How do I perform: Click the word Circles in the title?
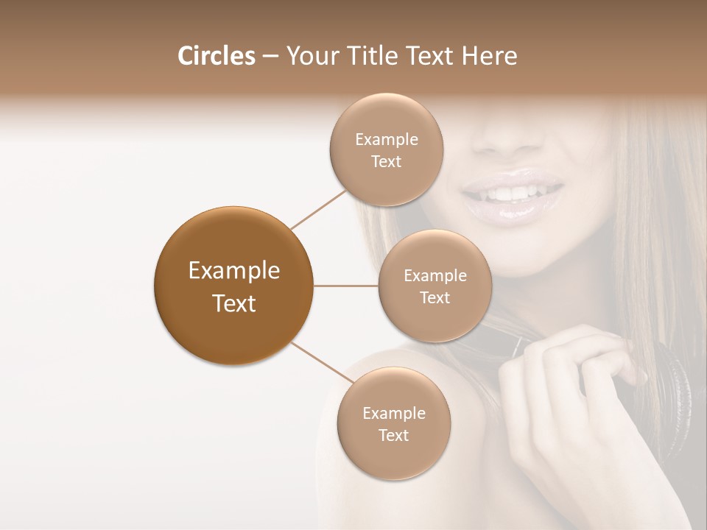pos(216,56)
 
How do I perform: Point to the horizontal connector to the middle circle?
pos(345,286)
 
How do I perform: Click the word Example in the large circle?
pos(233,271)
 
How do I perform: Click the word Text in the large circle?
pos(233,303)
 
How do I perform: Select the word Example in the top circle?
pos(386,139)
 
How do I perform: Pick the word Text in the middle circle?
pos(435,297)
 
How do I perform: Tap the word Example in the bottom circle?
pos(393,413)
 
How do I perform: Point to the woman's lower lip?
pos(512,212)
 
